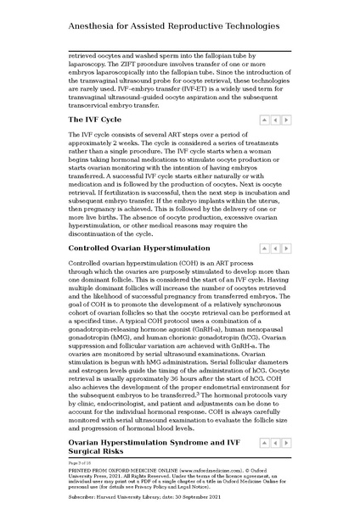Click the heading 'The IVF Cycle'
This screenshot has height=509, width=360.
tap(100, 120)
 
